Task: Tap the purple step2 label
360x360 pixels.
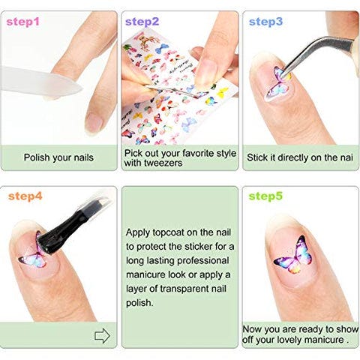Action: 142,22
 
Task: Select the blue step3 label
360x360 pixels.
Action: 265,22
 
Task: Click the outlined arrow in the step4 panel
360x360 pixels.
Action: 102,335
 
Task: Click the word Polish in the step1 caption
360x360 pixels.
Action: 38,157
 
